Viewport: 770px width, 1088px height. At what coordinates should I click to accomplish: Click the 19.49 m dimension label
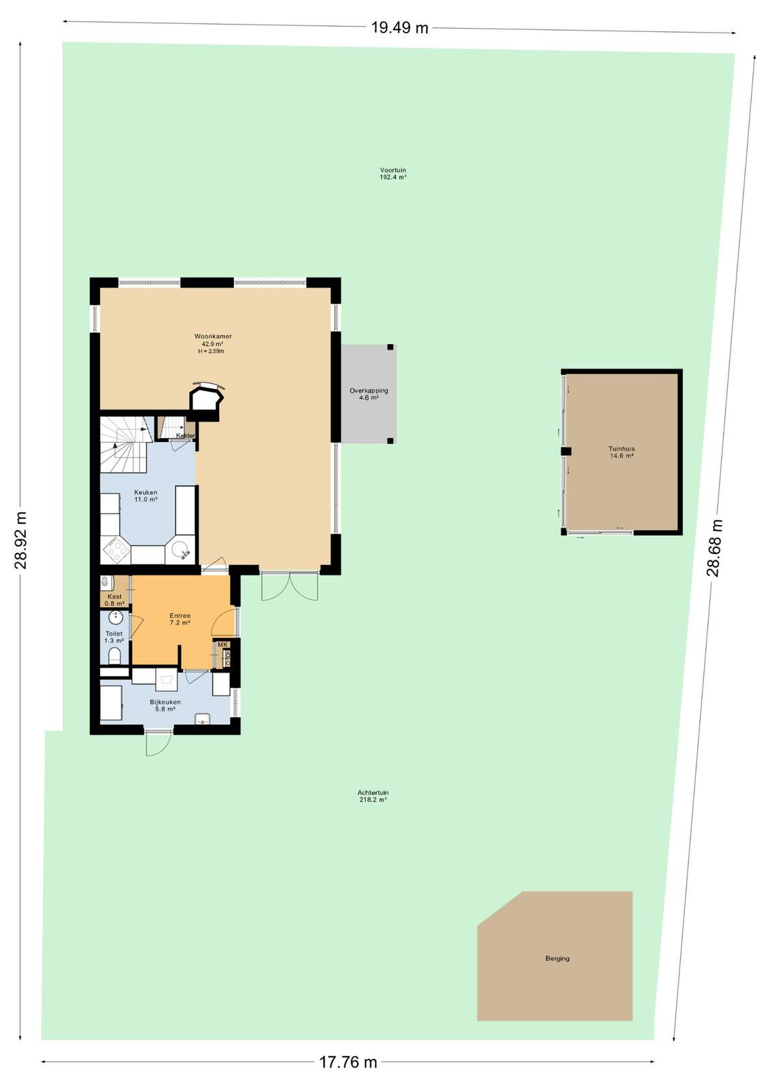pyautogui.click(x=400, y=28)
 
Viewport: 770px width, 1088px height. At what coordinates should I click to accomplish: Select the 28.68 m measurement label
pyautogui.click(x=714, y=548)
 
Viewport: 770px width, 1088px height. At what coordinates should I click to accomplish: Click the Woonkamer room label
pyautogui.click(x=213, y=336)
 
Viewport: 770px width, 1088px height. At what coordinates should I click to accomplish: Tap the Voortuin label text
pyautogui.click(x=393, y=171)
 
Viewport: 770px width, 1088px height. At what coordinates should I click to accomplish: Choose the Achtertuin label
pyautogui.click(x=373, y=793)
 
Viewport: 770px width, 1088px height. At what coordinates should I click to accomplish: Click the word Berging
pyautogui.click(x=557, y=958)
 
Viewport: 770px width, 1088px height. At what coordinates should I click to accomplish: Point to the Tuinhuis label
pyautogui.click(x=621, y=449)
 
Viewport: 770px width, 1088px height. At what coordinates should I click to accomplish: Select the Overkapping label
pyautogui.click(x=369, y=390)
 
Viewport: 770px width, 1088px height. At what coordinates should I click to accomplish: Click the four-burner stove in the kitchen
pyautogui.click(x=116, y=550)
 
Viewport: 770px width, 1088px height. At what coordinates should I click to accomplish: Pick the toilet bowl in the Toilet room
pyautogui.click(x=115, y=657)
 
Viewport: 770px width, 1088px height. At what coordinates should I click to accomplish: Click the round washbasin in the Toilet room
pyautogui.click(x=116, y=618)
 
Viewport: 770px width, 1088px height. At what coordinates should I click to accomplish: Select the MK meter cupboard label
pyautogui.click(x=222, y=645)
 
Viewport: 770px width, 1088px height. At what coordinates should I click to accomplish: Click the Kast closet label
pyautogui.click(x=115, y=596)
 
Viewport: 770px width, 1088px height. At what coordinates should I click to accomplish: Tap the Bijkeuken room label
pyautogui.click(x=165, y=702)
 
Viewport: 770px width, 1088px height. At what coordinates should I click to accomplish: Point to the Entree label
pyautogui.click(x=180, y=616)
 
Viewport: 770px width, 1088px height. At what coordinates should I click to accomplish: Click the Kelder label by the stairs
pyautogui.click(x=186, y=436)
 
